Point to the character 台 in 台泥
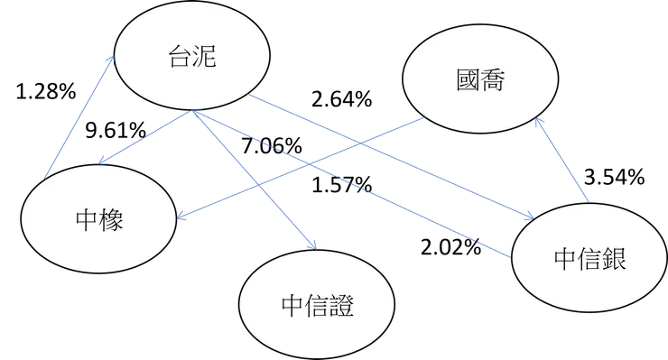(x=180, y=59)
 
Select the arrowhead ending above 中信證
(x=311, y=244)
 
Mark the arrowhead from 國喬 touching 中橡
(x=182, y=216)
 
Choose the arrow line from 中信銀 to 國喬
(x=565, y=162)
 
